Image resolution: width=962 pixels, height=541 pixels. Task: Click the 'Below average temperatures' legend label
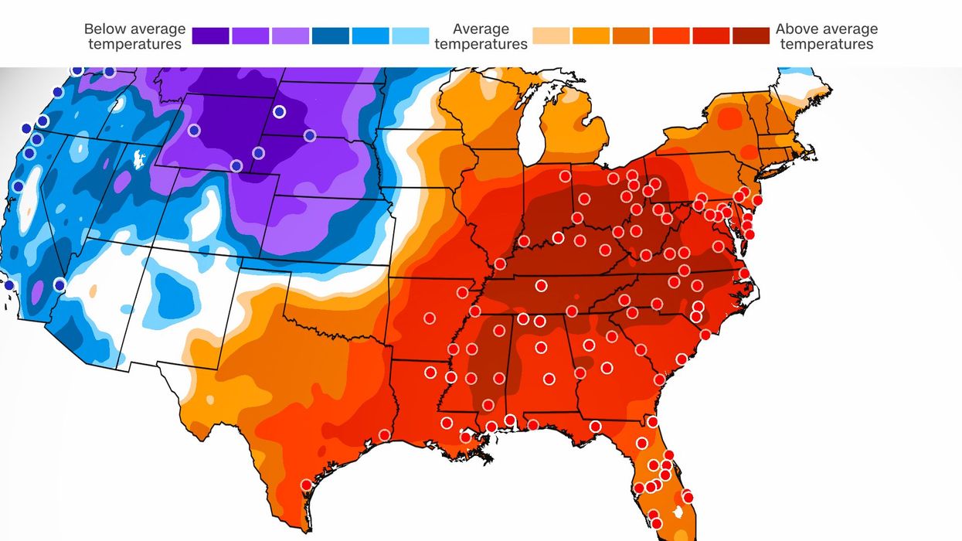coord(134,36)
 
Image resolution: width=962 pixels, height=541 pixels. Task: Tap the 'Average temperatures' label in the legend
coord(481,36)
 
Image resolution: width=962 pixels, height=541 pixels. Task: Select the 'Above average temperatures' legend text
coord(827,36)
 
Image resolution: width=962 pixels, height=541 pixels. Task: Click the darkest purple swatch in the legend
coord(210,36)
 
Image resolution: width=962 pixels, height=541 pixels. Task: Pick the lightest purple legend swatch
coord(290,36)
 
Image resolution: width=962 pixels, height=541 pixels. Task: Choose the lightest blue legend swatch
coord(410,36)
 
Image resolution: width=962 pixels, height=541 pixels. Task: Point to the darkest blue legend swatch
coord(330,36)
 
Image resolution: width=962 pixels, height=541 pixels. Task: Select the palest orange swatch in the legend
coord(551,36)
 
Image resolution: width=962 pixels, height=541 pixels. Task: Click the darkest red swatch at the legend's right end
coord(751,36)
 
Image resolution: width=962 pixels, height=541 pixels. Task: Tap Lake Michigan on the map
coord(530,131)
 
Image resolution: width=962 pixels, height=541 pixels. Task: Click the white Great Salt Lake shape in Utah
coord(140,158)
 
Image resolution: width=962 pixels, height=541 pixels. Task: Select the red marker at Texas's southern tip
coord(306,485)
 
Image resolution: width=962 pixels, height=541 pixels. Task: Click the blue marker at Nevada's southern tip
coord(59,284)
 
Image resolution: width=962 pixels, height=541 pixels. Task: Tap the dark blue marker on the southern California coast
coord(8,285)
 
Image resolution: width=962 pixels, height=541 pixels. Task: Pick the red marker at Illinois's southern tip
coord(500,264)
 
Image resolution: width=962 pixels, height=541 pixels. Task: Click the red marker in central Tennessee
coord(541,286)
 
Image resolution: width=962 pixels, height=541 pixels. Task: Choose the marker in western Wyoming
coord(193,131)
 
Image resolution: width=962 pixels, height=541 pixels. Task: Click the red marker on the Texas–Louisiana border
coord(384,435)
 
